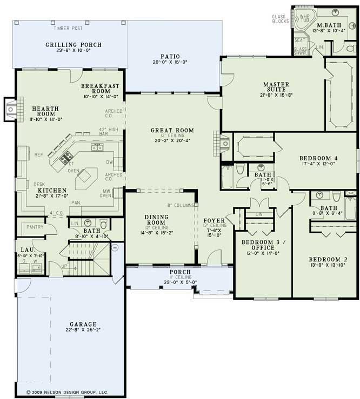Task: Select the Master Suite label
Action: [x=276, y=87]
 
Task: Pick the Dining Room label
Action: [x=157, y=220]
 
